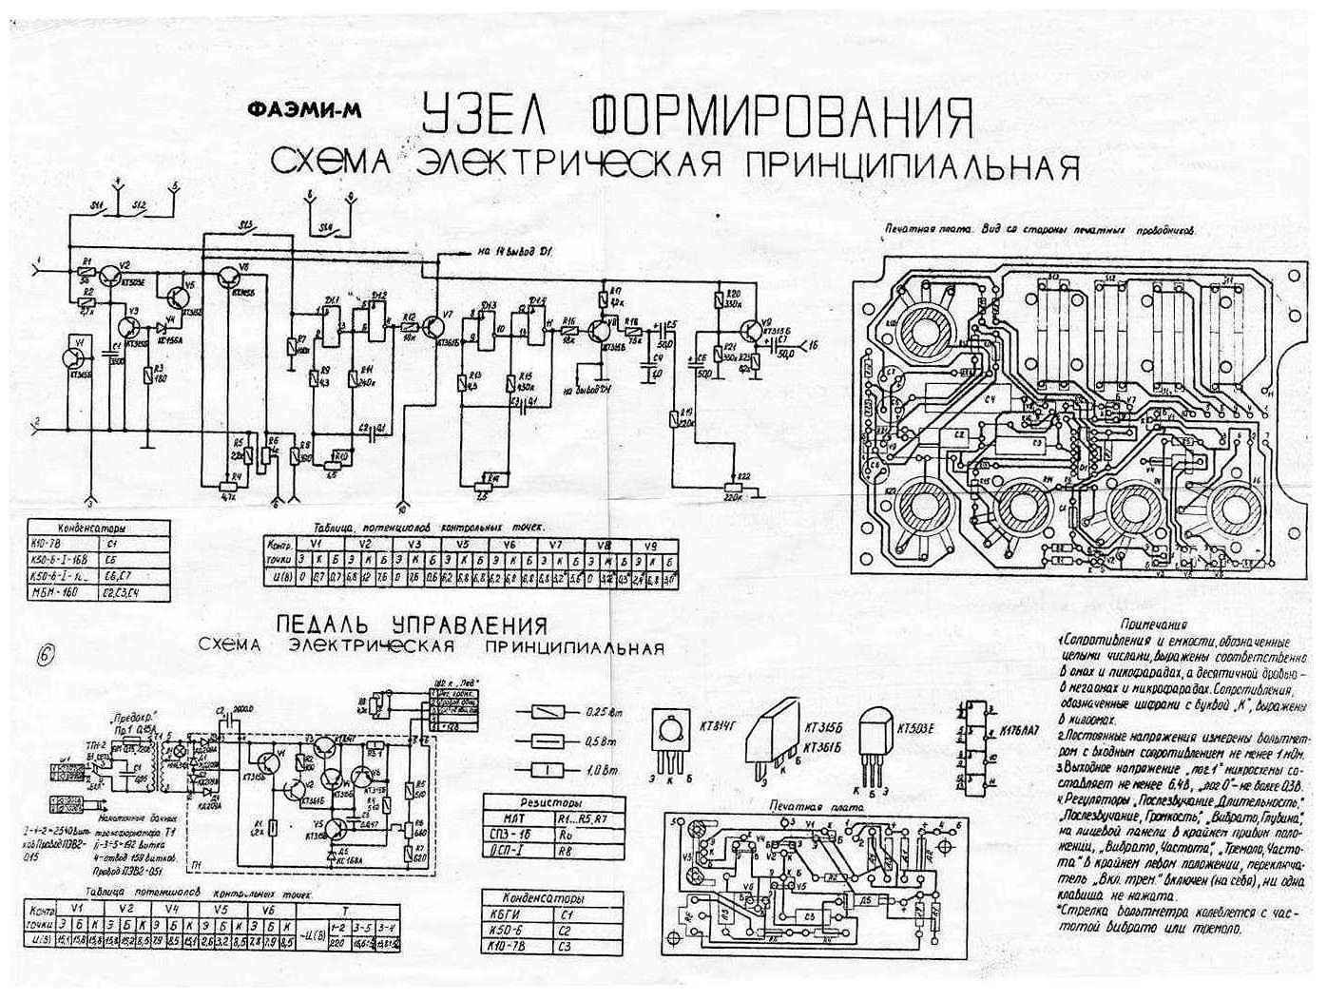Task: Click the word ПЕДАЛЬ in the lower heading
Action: [332, 625]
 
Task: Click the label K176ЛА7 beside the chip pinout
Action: [1018, 733]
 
